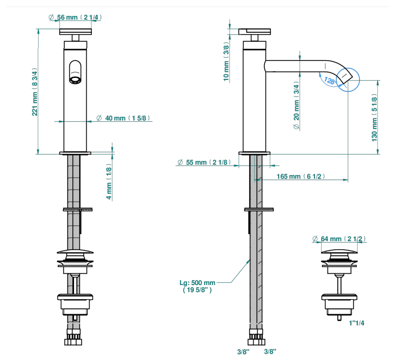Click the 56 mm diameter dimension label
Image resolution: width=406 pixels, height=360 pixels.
[x=75, y=17]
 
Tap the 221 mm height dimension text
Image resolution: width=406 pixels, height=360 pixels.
[x=34, y=92]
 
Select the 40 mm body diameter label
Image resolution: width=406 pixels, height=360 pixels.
[x=123, y=118]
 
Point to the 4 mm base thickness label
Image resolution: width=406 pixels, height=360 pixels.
[x=109, y=181]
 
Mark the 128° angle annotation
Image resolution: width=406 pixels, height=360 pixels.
[x=330, y=81]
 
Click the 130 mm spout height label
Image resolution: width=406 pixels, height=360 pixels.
[x=374, y=118]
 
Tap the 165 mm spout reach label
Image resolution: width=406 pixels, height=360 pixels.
[x=300, y=176]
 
